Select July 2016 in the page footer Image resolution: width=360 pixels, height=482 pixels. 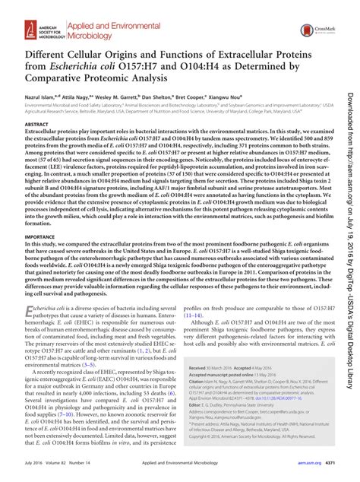coord(35,474)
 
